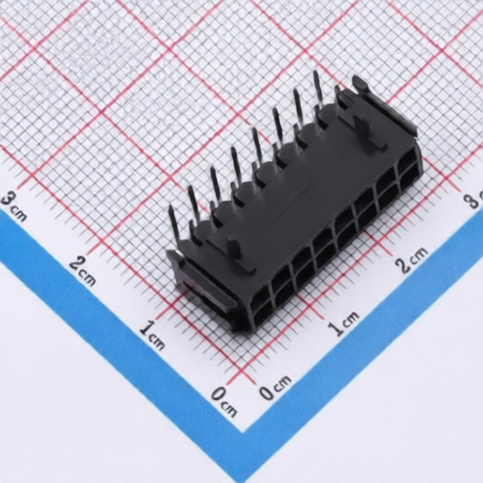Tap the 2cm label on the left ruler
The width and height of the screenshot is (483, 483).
[83, 268]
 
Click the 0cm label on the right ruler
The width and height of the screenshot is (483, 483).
[275, 388]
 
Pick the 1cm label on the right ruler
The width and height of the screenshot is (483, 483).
[343, 323]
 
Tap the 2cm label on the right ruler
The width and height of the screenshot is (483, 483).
[412, 258]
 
